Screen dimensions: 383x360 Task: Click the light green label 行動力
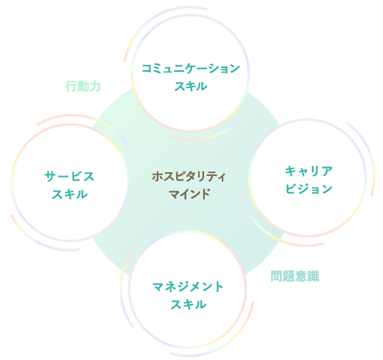83,86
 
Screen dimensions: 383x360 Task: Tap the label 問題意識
295,276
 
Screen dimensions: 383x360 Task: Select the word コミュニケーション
191,68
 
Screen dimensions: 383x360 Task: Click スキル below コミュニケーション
191,86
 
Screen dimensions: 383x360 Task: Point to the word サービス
70,177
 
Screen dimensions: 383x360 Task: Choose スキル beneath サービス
70,194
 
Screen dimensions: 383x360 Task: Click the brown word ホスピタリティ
189,177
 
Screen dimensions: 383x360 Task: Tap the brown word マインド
189,194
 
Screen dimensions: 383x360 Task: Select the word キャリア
309,171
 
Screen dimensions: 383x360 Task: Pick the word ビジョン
309,189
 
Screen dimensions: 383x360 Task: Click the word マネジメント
188,287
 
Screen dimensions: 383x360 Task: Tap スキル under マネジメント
189,305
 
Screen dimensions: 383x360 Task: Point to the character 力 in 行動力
95,86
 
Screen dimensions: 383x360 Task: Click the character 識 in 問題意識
313,276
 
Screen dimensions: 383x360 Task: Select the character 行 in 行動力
71,86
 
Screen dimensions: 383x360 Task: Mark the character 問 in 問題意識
277,276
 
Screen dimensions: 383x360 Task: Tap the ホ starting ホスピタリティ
157,177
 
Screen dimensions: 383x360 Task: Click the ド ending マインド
205,194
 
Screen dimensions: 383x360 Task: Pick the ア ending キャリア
327,171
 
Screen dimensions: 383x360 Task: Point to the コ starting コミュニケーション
147,68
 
